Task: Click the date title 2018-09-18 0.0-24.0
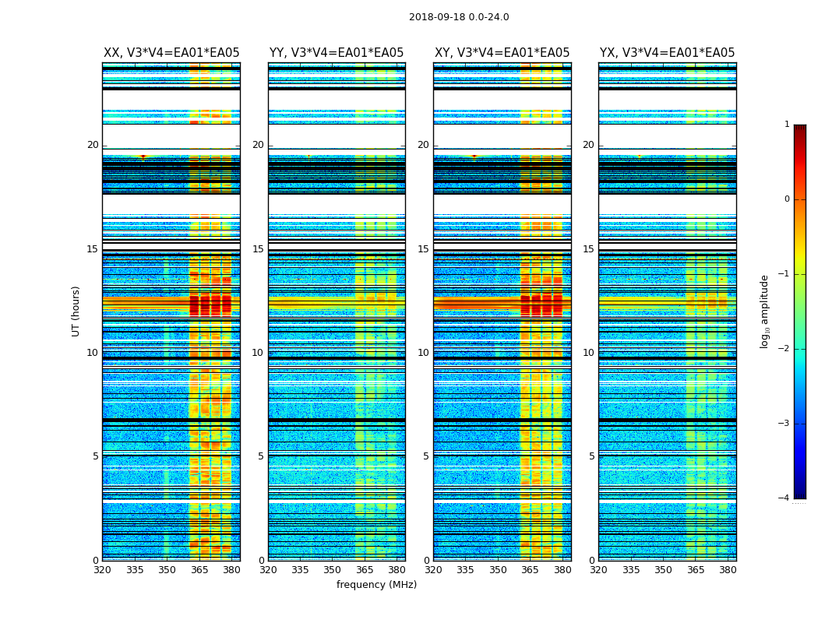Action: coord(459,17)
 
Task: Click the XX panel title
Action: coord(171,53)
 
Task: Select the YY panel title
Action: coord(337,53)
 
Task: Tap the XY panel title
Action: coord(502,53)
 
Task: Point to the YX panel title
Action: coord(667,53)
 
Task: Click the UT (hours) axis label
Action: coord(76,311)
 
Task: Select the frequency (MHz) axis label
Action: coord(376,585)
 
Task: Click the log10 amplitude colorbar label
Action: coord(765,311)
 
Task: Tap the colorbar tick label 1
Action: coord(787,125)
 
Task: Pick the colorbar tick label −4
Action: coord(784,498)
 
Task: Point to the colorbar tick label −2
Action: coord(784,349)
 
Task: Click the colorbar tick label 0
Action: coord(787,199)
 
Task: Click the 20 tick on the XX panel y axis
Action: coord(93,145)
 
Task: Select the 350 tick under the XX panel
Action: coord(167,570)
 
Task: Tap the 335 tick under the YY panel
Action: coord(300,570)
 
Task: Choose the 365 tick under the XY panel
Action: coord(530,570)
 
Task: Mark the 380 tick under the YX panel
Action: coord(728,570)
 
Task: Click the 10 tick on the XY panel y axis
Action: coord(423,353)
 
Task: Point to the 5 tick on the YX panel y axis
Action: coord(591,456)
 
